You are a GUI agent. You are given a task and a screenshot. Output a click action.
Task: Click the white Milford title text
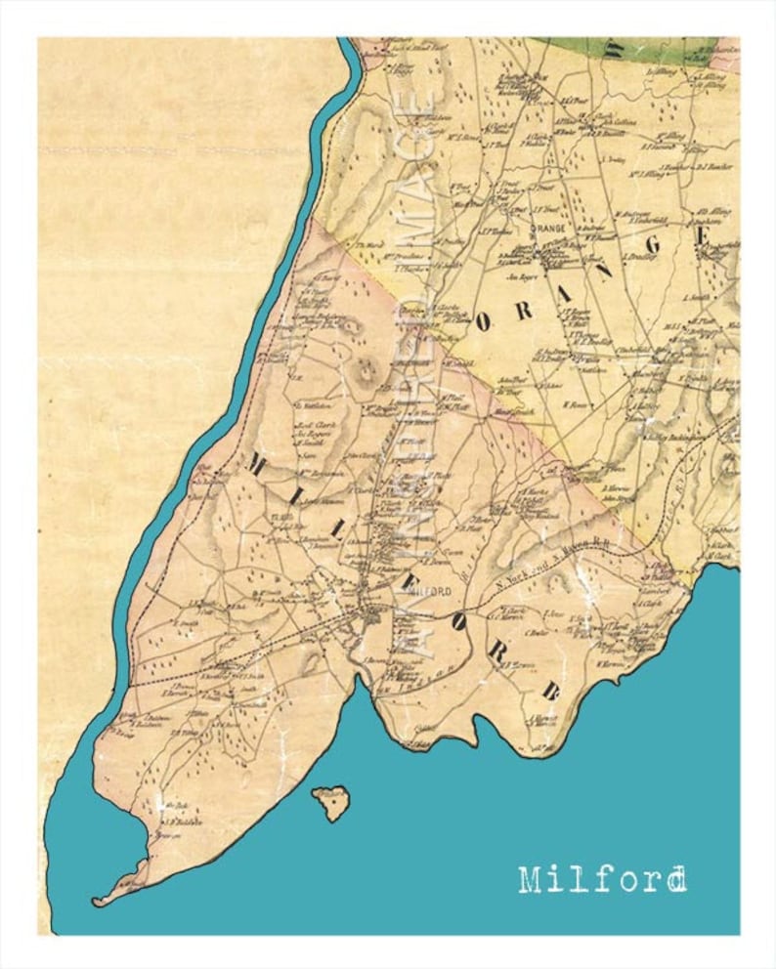point(602,880)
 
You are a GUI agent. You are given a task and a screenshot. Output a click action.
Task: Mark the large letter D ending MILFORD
point(549,692)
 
